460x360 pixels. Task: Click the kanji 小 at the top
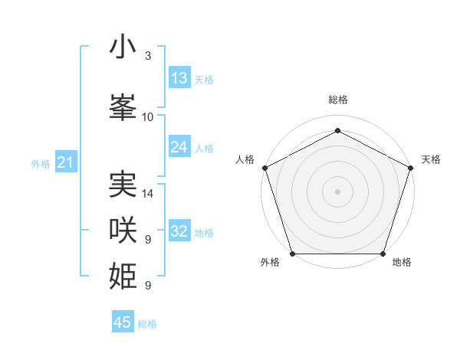pyautogui.click(x=123, y=47)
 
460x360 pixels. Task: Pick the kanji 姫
pyautogui.click(x=123, y=274)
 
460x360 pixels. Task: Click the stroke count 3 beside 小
pyautogui.click(x=148, y=56)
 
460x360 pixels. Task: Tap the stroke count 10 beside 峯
pyautogui.click(x=148, y=117)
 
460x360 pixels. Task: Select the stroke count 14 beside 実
pyautogui.click(x=148, y=194)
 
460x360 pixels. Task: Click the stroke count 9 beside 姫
pyautogui.click(x=148, y=286)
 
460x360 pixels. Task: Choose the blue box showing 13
pyautogui.click(x=179, y=78)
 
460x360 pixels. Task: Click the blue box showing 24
pyautogui.click(x=179, y=147)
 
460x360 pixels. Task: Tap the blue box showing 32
pyautogui.click(x=179, y=231)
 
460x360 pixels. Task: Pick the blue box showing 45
pyautogui.click(x=123, y=322)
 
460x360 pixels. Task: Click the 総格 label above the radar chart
pyautogui.click(x=337, y=100)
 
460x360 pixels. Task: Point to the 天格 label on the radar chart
pyautogui.click(x=431, y=159)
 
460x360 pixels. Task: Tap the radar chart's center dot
pyautogui.click(x=337, y=191)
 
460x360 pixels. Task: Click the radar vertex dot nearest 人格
pyautogui.click(x=264, y=168)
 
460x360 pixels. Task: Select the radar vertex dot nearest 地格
pyautogui.click(x=383, y=254)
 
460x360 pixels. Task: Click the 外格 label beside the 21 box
pyautogui.click(x=41, y=163)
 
